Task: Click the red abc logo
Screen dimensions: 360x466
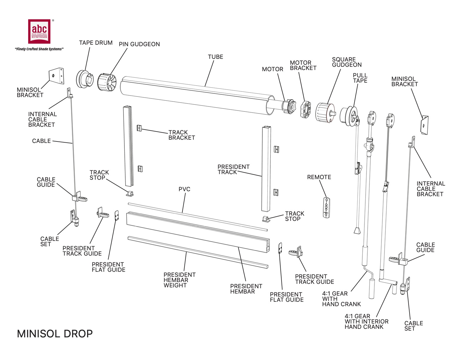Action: click(39, 31)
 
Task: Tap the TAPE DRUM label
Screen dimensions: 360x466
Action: click(96, 43)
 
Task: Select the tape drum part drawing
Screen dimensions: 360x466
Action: click(84, 79)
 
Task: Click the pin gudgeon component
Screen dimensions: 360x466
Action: click(107, 83)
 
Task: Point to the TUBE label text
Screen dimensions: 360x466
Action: click(215, 57)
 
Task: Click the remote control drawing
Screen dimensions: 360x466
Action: click(326, 208)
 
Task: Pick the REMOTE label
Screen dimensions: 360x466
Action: click(319, 177)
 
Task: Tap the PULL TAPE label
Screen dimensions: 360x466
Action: click(360, 78)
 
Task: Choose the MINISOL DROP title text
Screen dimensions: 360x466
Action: click(55, 334)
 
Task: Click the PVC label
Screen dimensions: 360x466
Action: click(184, 189)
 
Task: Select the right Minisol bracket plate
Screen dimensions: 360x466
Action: click(425, 125)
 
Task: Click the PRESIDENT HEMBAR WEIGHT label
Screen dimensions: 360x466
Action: click(179, 280)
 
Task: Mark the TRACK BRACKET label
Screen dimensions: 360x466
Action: click(182, 135)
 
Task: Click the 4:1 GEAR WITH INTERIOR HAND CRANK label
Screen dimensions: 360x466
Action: click(366, 321)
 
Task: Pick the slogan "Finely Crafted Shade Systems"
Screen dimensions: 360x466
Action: click(39, 49)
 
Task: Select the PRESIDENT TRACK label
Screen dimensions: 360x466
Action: click(233, 169)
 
